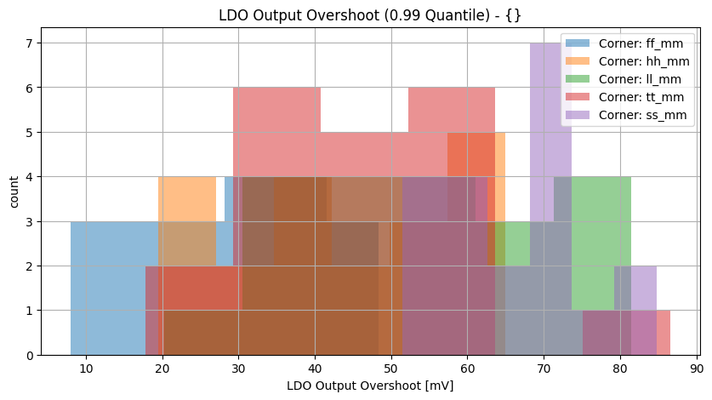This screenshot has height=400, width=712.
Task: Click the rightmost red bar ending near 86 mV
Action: (x=663, y=333)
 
